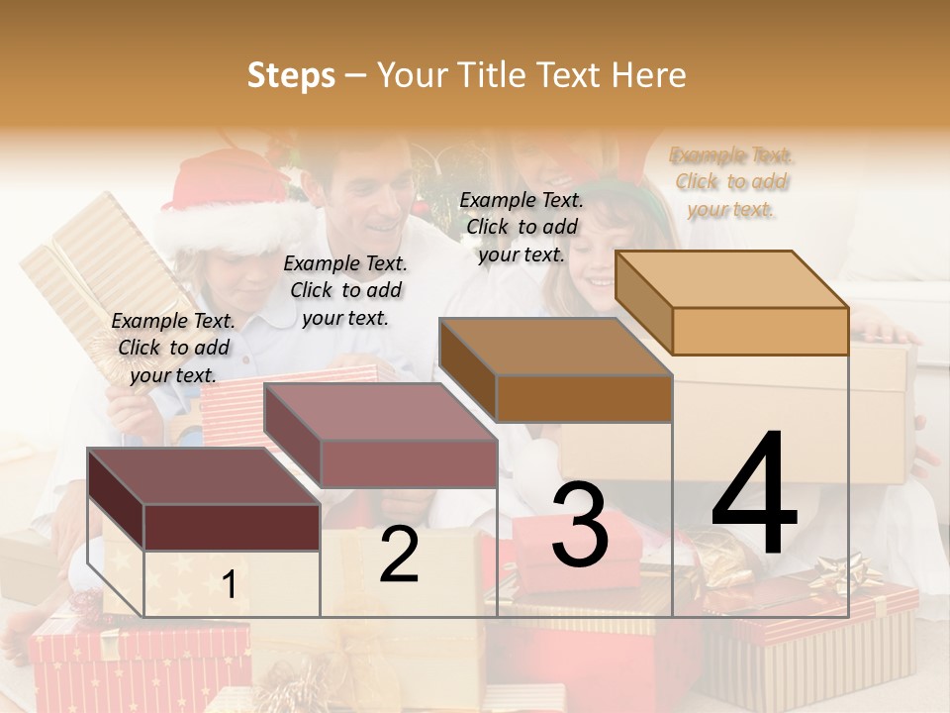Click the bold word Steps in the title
(x=290, y=75)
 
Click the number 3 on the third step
(x=580, y=525)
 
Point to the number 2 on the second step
(x=399, y=555)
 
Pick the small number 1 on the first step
(x=230, y=584)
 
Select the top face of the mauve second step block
(x=381, y=411)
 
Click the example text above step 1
(x=173, y=348)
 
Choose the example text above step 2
(x=345, y=290)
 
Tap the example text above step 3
(x=522, y=227)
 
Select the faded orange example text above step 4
(x=731, y=181)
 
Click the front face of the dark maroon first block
(x=232, y=527)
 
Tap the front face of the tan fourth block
(x=760, y=331)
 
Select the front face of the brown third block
(x=584, y=398)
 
